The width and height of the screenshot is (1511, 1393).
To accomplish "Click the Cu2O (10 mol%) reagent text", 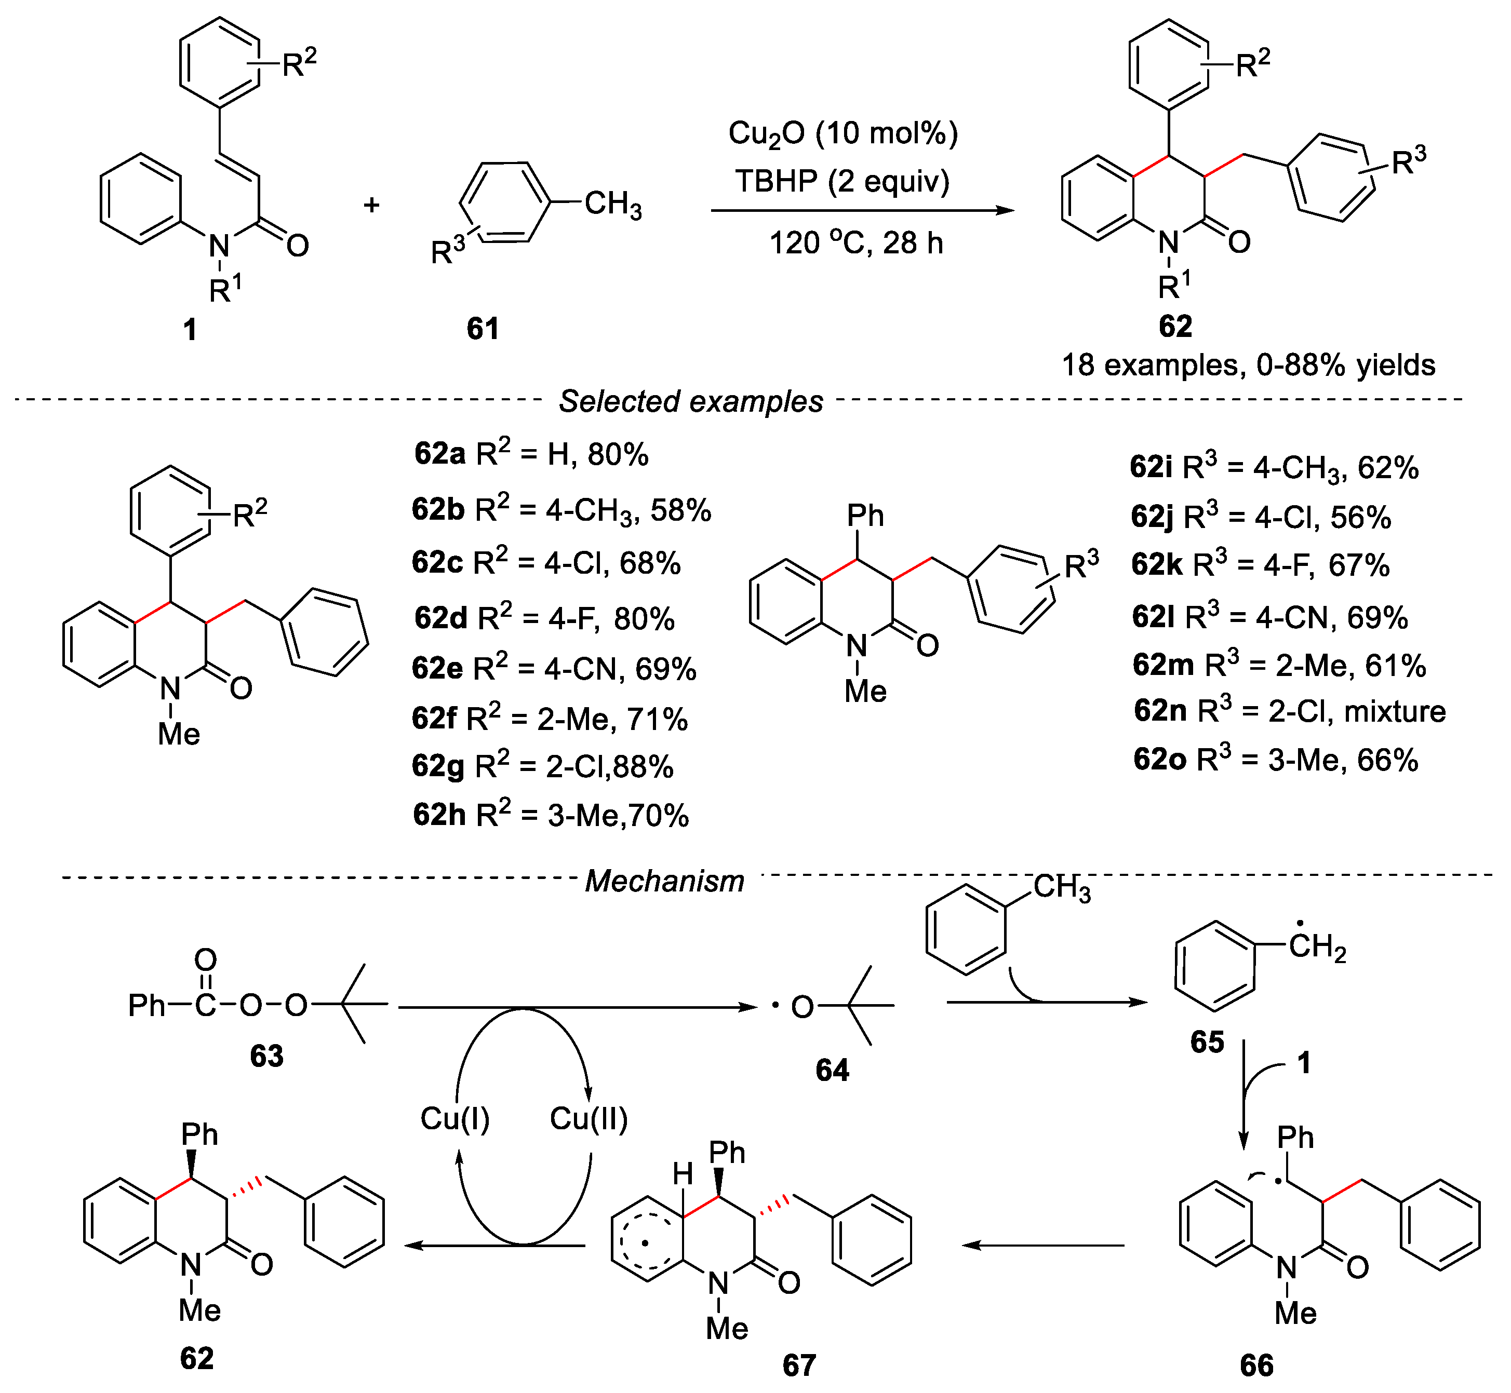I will pos(842,134).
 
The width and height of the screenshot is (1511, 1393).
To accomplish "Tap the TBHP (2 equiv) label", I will pos(841,182).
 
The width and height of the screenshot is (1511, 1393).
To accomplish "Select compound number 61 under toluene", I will pos(483,329).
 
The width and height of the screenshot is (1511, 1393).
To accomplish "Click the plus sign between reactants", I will pos(371,204).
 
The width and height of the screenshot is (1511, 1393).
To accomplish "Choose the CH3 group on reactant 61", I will pos(612,204).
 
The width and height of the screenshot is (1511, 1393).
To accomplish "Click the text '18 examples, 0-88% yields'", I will pos(1248,366).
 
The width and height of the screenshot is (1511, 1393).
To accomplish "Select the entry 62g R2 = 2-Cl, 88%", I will pos(543,767).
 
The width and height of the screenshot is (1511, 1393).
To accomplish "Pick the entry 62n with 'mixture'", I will pos(1289,711).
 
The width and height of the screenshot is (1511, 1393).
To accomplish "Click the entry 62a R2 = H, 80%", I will pos(531,454).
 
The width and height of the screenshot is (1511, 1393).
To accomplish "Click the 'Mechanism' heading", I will pos(664,881).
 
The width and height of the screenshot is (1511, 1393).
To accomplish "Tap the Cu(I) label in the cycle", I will pos(454,1119).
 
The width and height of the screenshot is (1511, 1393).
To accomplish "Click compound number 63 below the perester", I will pos(267,1056).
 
